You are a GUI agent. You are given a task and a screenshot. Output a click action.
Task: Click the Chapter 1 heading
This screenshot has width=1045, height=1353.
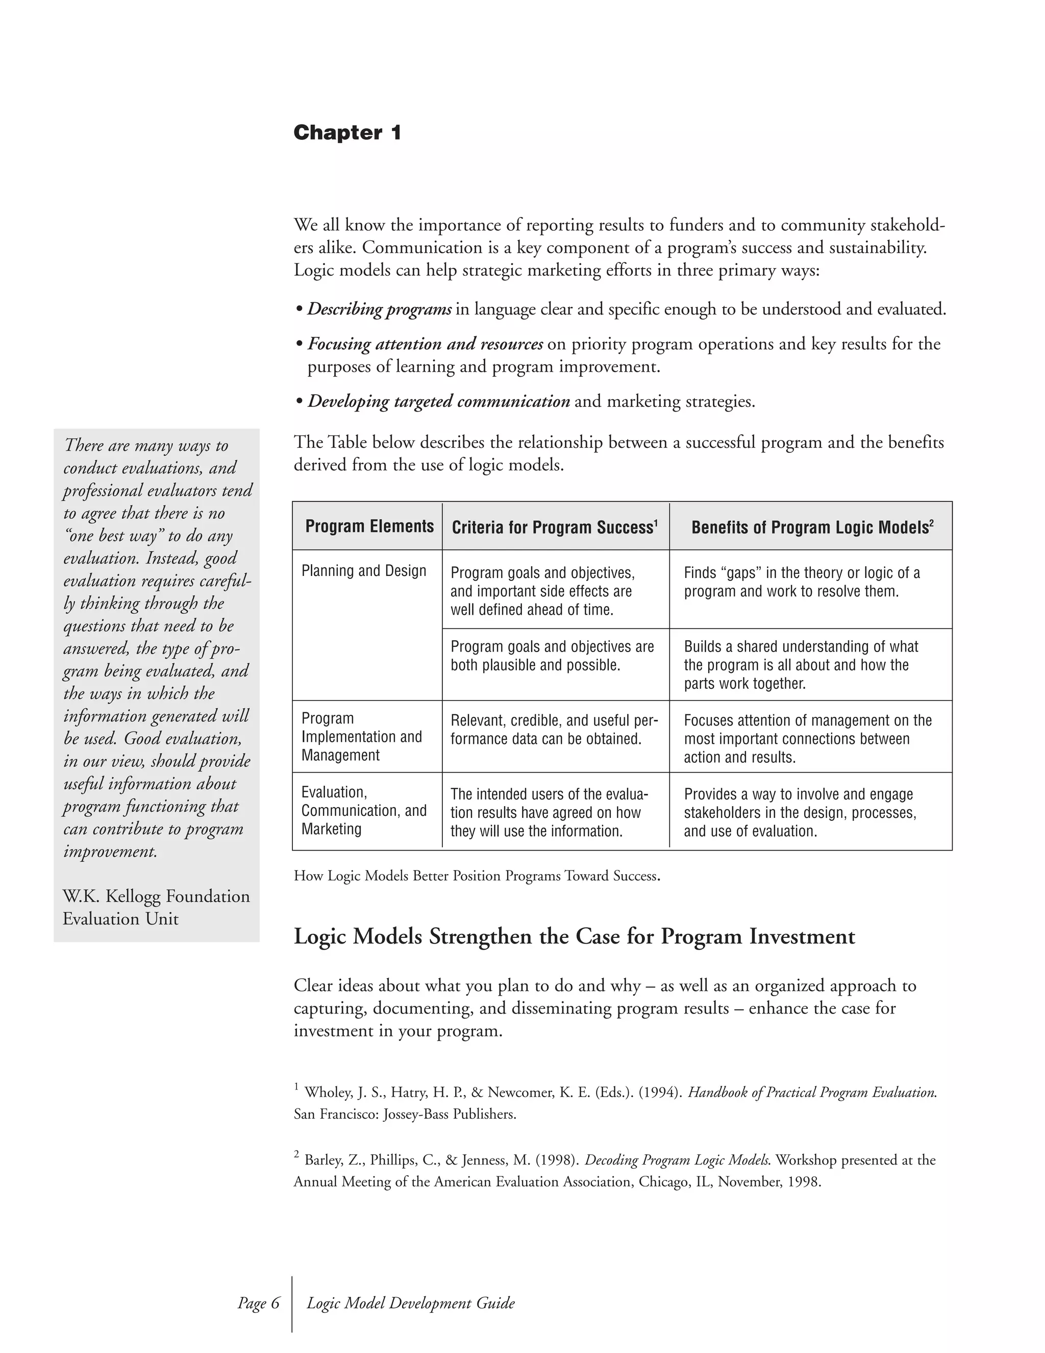(347, 133)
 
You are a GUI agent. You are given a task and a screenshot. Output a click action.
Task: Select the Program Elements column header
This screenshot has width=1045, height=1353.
(369, 526)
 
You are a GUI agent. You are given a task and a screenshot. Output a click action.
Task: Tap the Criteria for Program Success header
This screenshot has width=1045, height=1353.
(555, 527)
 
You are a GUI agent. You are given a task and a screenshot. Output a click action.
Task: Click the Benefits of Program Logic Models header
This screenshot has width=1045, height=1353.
(812, 527)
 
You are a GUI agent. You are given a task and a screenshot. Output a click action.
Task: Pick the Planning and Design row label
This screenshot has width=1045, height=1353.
(363, 571)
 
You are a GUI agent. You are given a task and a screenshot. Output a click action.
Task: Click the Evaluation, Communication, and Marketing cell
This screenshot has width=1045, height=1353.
(363, 810)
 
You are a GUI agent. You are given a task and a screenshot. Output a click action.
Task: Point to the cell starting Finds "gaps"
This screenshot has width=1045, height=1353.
(801, 582)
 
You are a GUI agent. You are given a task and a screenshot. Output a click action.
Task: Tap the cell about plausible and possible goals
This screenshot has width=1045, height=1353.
(552, 656)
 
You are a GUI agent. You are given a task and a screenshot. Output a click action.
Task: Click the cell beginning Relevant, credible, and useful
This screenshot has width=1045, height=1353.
(554, 730)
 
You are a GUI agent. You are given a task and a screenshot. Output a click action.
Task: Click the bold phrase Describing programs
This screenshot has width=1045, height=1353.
(380, 309)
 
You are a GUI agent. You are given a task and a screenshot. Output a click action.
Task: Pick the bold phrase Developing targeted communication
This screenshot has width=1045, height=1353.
(438, 401)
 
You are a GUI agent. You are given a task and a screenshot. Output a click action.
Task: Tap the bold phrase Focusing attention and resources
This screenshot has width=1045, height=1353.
(425, 344)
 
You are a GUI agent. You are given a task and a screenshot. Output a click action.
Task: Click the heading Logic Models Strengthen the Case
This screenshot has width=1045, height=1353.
(574, 936)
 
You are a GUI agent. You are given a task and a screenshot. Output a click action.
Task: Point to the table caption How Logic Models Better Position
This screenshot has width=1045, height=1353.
(476, 876)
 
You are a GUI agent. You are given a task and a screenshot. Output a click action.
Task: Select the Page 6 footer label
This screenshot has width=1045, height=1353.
(259, 1303)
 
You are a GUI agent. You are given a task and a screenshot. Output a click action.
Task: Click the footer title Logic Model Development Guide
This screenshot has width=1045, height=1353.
(410, 1303)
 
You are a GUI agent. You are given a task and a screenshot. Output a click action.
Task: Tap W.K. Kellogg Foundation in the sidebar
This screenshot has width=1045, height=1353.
(156, 897)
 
